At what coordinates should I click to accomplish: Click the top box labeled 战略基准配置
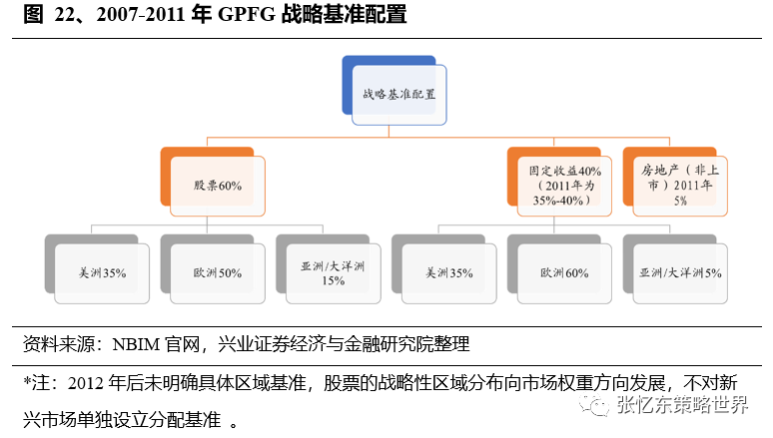[x=398, y=94]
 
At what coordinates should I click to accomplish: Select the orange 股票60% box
[x=217, y=185]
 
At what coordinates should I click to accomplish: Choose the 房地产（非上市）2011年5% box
[x=676, y=185]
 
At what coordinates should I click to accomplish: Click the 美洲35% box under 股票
[x=101, y=271]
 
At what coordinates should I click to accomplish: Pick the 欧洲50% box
[x=217, y=271]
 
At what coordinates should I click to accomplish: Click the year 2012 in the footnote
[x=83, y=382]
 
